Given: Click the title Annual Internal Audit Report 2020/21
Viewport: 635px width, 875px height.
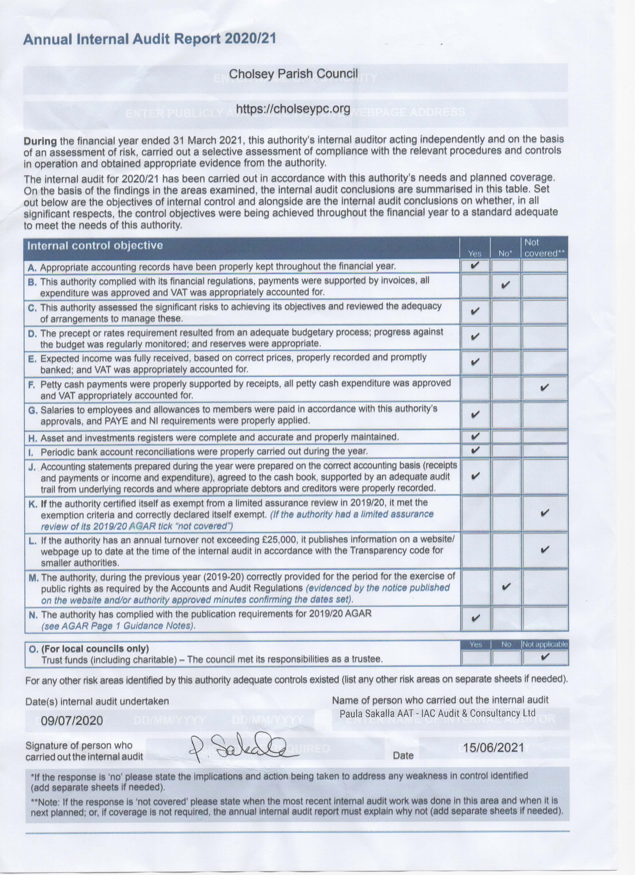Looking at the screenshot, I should (x=150, y=39).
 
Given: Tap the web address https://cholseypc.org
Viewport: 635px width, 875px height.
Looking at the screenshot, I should (x=293, y=109).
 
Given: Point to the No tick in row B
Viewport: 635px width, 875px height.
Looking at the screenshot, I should (x=505, y=285).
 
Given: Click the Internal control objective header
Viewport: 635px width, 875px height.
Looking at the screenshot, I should (x=95, y=246).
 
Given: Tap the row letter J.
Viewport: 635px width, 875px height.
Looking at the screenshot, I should (x=32, y=467).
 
